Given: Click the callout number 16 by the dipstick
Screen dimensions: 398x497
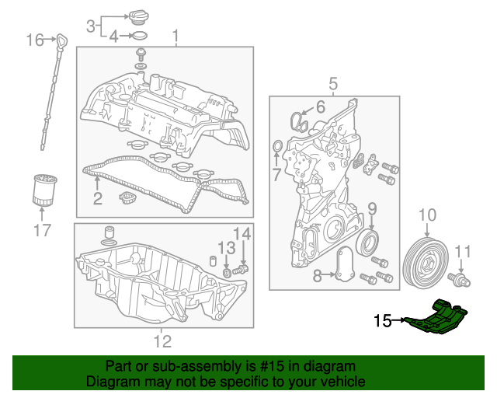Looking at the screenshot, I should click(x=36, y=39).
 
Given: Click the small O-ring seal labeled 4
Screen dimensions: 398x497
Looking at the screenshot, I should click(x=138, y=36).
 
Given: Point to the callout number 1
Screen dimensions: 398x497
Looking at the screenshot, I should click(x=176, y=36).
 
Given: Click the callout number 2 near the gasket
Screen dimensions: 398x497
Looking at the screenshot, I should click(x=97, y=197).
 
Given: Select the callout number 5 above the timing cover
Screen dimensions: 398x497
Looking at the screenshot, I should click(x=332, y=83).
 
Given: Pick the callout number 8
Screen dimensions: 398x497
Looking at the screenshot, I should click(x=318, y=275).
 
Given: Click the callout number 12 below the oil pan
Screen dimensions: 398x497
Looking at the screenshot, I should click(x=162, y=340).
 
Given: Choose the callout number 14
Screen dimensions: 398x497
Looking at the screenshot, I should click(x=242, y=232).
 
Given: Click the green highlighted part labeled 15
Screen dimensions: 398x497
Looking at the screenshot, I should click(x=438, y=319).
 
